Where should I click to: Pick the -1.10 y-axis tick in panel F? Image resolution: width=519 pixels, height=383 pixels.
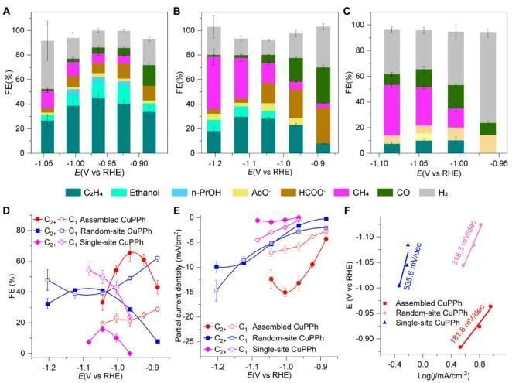(x=372, y=236)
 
